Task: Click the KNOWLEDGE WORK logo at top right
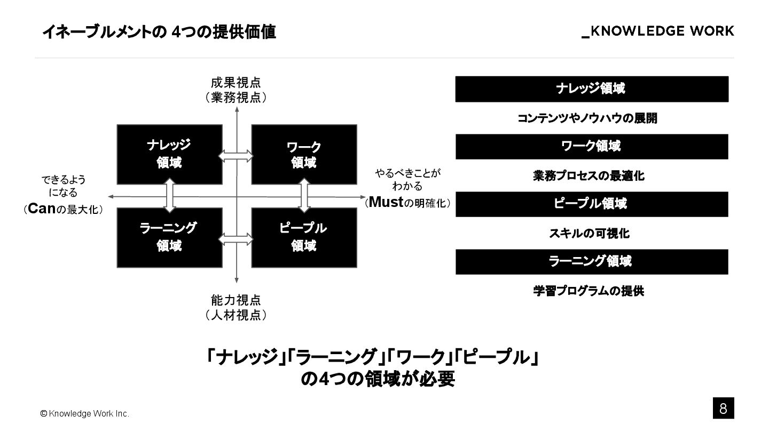pos(658,31)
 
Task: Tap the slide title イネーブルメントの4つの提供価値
pos(159,33)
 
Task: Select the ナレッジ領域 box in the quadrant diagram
pos(169,154)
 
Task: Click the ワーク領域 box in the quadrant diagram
pos(304,154)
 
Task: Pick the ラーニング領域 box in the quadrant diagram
pos(169,237)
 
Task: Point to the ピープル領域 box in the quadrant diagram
pos(304,237)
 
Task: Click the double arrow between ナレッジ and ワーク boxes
pos(236,155)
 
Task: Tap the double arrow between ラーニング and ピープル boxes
pos(236,239)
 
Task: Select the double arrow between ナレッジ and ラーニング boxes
pos(170,196)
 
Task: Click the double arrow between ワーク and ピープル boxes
pos(304,196)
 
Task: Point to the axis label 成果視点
pos(236,83)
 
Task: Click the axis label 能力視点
pos(236,300)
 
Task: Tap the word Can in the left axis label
pos(42,209)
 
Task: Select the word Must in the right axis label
pos(386,202)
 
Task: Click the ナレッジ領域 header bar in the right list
pos(592,89)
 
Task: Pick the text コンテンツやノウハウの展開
pos(587,118)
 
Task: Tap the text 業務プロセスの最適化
pos(588,176)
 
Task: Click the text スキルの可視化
pos(589,234)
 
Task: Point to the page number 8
pos(723,409)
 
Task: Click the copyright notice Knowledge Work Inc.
pos(85,414)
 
